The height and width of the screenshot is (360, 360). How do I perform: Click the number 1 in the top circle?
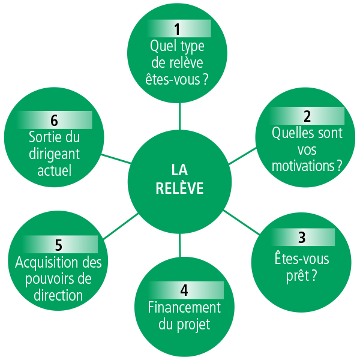177,29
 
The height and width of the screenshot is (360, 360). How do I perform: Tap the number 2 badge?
307,116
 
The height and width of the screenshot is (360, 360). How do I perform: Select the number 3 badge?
302,238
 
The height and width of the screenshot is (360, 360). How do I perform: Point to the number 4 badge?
184,290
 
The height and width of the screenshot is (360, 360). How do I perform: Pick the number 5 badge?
58,245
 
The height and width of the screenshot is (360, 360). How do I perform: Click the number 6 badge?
54,120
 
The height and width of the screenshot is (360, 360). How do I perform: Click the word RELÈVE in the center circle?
180,188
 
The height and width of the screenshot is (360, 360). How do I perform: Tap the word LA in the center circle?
180,170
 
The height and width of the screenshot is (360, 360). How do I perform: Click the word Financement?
184,308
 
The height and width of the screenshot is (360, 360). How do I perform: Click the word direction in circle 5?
58,295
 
